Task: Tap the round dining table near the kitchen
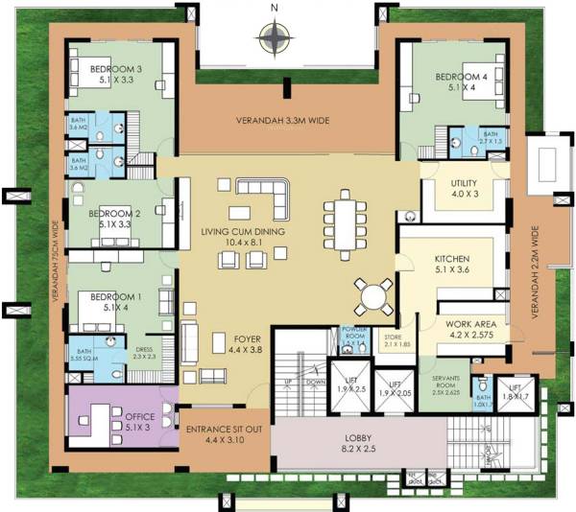pos(372,293)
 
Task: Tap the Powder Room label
pos(356,335)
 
